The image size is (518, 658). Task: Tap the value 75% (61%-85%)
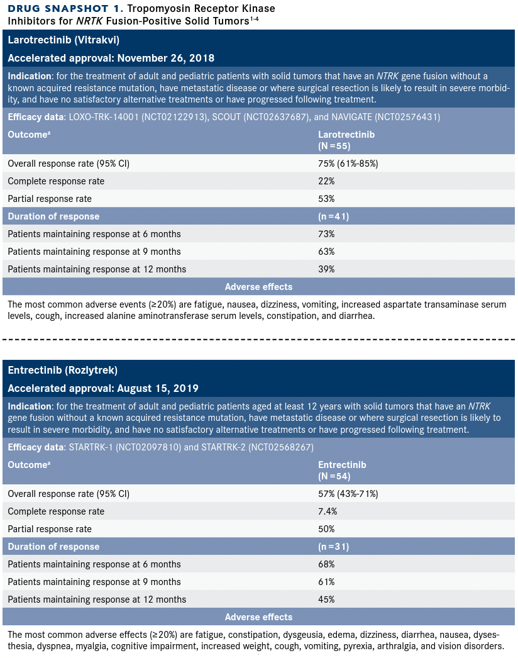coord(348,164)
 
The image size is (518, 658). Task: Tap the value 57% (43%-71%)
coord(348,494)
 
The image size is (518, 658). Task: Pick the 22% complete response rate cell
coord(326,181)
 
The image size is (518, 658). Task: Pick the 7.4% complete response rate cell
coord(328,511)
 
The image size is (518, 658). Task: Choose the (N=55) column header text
coord(334,145)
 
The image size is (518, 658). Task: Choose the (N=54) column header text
coord(334,476)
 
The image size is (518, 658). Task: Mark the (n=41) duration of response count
coord(333,216)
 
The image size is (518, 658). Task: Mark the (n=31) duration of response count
coord(333,547)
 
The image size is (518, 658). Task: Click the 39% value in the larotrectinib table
coord(326,269)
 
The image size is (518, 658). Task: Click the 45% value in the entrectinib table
coord(326,599)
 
